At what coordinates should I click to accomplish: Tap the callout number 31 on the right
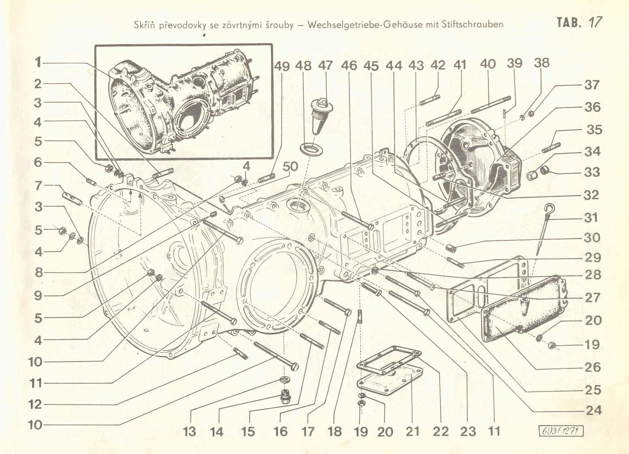591,218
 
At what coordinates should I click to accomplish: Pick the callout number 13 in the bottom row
189,431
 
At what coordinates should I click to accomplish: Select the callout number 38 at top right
541,63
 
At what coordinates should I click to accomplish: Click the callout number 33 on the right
591,172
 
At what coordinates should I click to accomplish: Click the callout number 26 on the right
593,367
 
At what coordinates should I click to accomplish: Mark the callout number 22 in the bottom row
440,431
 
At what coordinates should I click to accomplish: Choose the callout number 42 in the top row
438,65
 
